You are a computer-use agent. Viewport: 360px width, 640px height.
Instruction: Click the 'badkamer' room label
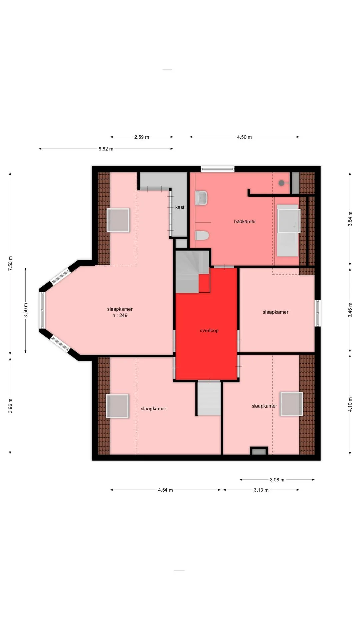point(245,221)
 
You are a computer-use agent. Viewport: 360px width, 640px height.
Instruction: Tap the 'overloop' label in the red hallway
point(209,330)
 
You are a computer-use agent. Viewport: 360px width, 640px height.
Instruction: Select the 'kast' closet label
point(180,207)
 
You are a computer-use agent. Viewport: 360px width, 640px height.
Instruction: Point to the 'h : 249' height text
point(120,315)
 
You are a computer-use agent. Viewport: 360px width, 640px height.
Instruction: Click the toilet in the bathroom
point(202,235)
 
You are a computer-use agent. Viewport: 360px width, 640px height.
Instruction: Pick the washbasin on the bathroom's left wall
point(201,197)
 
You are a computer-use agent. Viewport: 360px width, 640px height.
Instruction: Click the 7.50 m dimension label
point(10,263)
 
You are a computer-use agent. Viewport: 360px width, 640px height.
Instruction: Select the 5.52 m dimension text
point(106,149)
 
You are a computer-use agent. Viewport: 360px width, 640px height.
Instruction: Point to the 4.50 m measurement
point(244,137)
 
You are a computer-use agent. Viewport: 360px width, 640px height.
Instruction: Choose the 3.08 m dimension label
point(277,480)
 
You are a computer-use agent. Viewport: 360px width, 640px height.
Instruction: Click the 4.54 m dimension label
point(165,490)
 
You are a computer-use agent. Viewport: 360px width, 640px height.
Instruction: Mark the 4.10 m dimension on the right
point(350,404)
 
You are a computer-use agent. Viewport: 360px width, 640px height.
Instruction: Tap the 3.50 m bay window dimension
point(26,310)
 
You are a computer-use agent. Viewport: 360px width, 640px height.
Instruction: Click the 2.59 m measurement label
point(142,137)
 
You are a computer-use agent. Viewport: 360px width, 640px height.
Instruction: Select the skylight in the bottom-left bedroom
point(117,406)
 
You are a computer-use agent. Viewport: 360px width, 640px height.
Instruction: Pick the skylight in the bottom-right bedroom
point(292,404)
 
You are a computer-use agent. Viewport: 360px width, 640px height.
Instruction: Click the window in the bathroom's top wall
point(218,169)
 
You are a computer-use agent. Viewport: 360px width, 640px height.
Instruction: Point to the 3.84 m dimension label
point(350,219)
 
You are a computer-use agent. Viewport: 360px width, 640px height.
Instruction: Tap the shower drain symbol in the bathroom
point(282,183)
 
